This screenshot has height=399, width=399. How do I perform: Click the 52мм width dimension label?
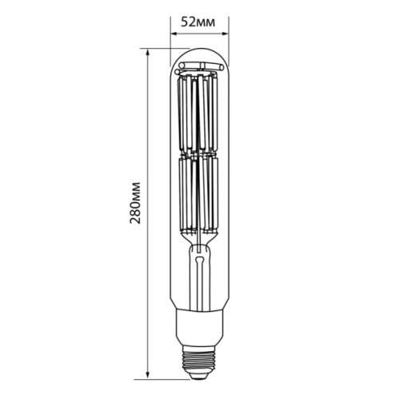(x=199, y=21)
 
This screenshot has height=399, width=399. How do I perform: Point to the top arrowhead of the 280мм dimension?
(x=148, y=51)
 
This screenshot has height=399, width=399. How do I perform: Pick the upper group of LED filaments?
(x=199, y=112)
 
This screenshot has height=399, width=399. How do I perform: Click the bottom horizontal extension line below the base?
(x=168, y=377)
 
